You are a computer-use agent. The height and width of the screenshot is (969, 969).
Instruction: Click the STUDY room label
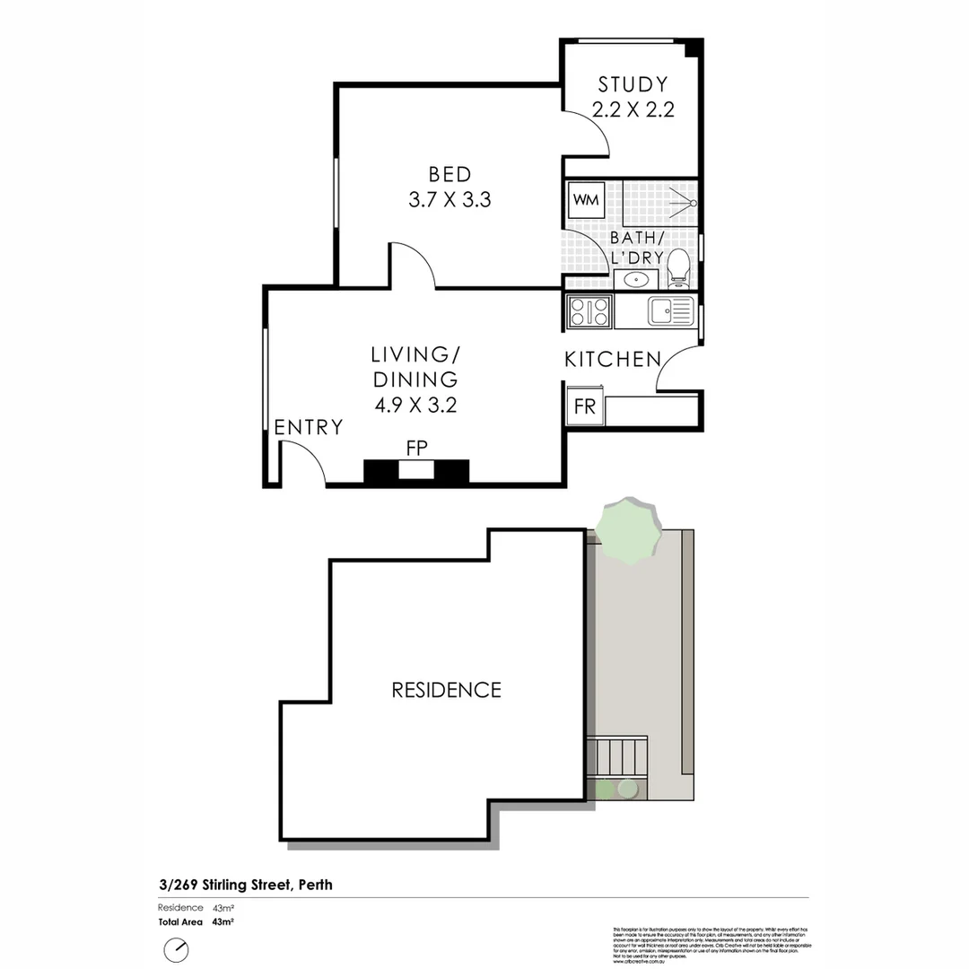pyautogui.click(x=633, y=85)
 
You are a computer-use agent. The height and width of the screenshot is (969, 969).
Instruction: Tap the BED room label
pyautogui.click(x=450, y=174)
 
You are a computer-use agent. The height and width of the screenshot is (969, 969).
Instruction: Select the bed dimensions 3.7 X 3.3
pyautogui.click(x=450, y=200)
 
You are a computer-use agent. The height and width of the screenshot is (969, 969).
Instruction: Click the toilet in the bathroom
pyautogui.click(x=679, y=266)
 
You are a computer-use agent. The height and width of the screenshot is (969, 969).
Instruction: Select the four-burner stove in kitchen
pyautogui.click(x=589, y=311)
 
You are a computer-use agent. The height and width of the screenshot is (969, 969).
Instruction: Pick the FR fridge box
pyautogui.click(x=585, y=406)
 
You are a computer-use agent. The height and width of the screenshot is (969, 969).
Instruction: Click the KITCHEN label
pyautogui.click(x=612, y=360)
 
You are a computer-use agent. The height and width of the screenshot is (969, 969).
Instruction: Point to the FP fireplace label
pyautogui.click(x=415, y=446)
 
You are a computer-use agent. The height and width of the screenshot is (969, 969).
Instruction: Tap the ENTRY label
pyautogui.click(x=309, y=427)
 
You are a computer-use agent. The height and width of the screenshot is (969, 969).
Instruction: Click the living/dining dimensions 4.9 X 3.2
pyautogui.click(x=415, y=405)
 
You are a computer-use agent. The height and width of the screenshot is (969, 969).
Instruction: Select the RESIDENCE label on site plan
pyautogui.click(x=446, y=690)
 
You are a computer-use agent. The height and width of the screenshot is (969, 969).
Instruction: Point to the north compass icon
pyautogui.click(x=176, y=948)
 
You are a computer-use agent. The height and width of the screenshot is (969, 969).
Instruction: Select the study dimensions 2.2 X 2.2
pyautogui.click(x=633, y=110)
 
